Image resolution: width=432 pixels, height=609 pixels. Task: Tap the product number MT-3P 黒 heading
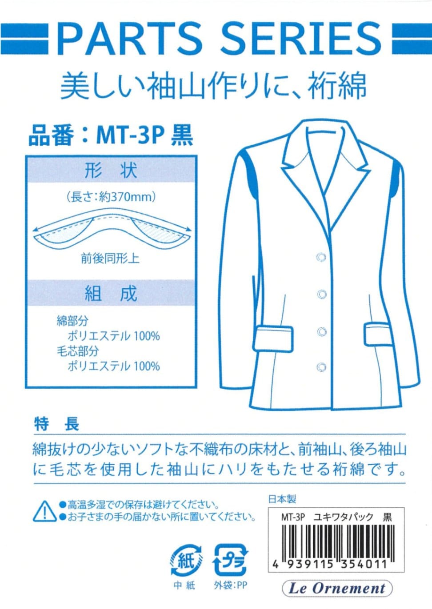[x=111, y=135]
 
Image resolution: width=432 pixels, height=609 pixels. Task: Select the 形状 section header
[x=111, y=170]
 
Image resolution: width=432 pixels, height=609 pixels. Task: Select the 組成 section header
[x=111, y=294]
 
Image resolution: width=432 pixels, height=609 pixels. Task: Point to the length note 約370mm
[x=111, y=197]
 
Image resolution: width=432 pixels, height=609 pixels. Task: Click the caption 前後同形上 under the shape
[x=110, y=259]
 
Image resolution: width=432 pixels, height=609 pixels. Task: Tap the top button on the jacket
[x=321, y=257]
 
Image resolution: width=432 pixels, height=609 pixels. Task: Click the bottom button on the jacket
[x=321, y=367]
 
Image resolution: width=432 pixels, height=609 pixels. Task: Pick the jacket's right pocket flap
[x=378, y=334]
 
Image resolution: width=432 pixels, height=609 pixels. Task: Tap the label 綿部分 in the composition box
[x=72, y=321]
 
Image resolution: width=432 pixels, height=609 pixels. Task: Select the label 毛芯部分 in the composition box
[x=78, y=351]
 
